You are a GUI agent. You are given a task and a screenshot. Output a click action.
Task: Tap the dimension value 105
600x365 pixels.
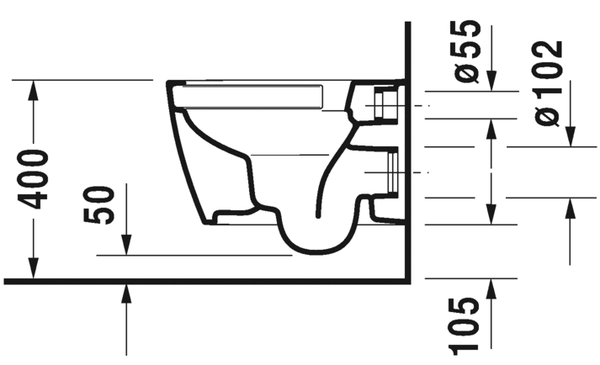(470, 325)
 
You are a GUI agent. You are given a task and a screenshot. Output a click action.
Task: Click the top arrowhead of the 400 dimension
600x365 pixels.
(34, 87)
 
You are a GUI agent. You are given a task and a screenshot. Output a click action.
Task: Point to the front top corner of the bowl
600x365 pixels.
(171, 84)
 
